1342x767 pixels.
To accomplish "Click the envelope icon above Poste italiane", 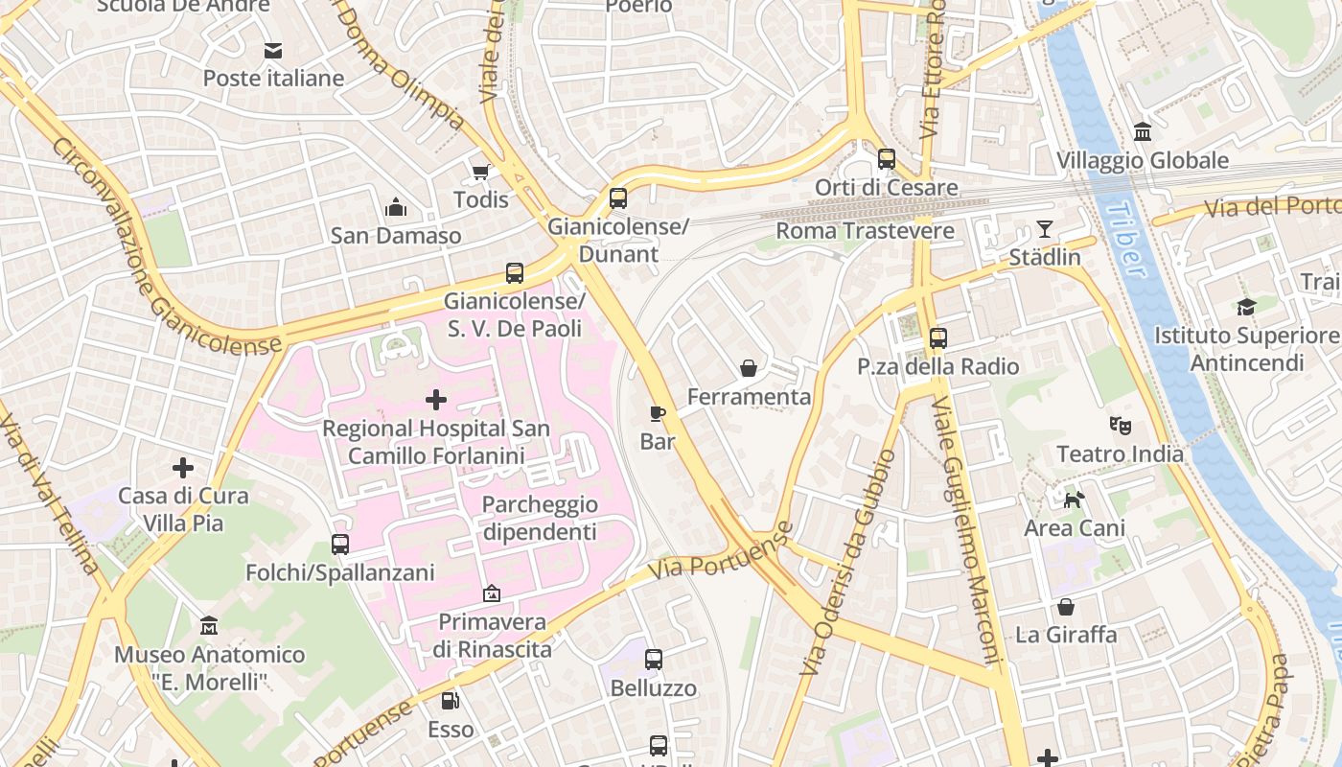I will point(273,50).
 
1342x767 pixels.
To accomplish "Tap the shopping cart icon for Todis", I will point(480,172).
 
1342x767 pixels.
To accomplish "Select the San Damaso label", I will point(395,235).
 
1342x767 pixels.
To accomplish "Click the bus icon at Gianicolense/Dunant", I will point(618,198).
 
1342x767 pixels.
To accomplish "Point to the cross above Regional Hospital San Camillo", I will point(436,399).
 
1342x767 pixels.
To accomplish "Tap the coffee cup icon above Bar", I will point(658,413).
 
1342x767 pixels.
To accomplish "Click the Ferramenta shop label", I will point(749,396).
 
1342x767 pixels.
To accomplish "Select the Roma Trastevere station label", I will point(865,231).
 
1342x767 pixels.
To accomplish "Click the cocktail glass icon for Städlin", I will point(1044,229).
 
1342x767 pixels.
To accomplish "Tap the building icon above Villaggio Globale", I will point(1142,131).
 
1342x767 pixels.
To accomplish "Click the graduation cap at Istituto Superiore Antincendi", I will point(1245,307).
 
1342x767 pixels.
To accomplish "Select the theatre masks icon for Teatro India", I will point(1119,424).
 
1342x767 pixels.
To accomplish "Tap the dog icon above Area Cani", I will point(1075,500).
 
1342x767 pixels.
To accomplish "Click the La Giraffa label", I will point(1065,634).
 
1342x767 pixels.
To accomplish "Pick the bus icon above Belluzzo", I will point(654,660).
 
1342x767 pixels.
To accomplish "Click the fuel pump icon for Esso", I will point(450,701).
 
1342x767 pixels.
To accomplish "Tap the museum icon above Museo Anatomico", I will point(209,626).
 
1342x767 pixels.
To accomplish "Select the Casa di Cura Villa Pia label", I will point(182,509).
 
